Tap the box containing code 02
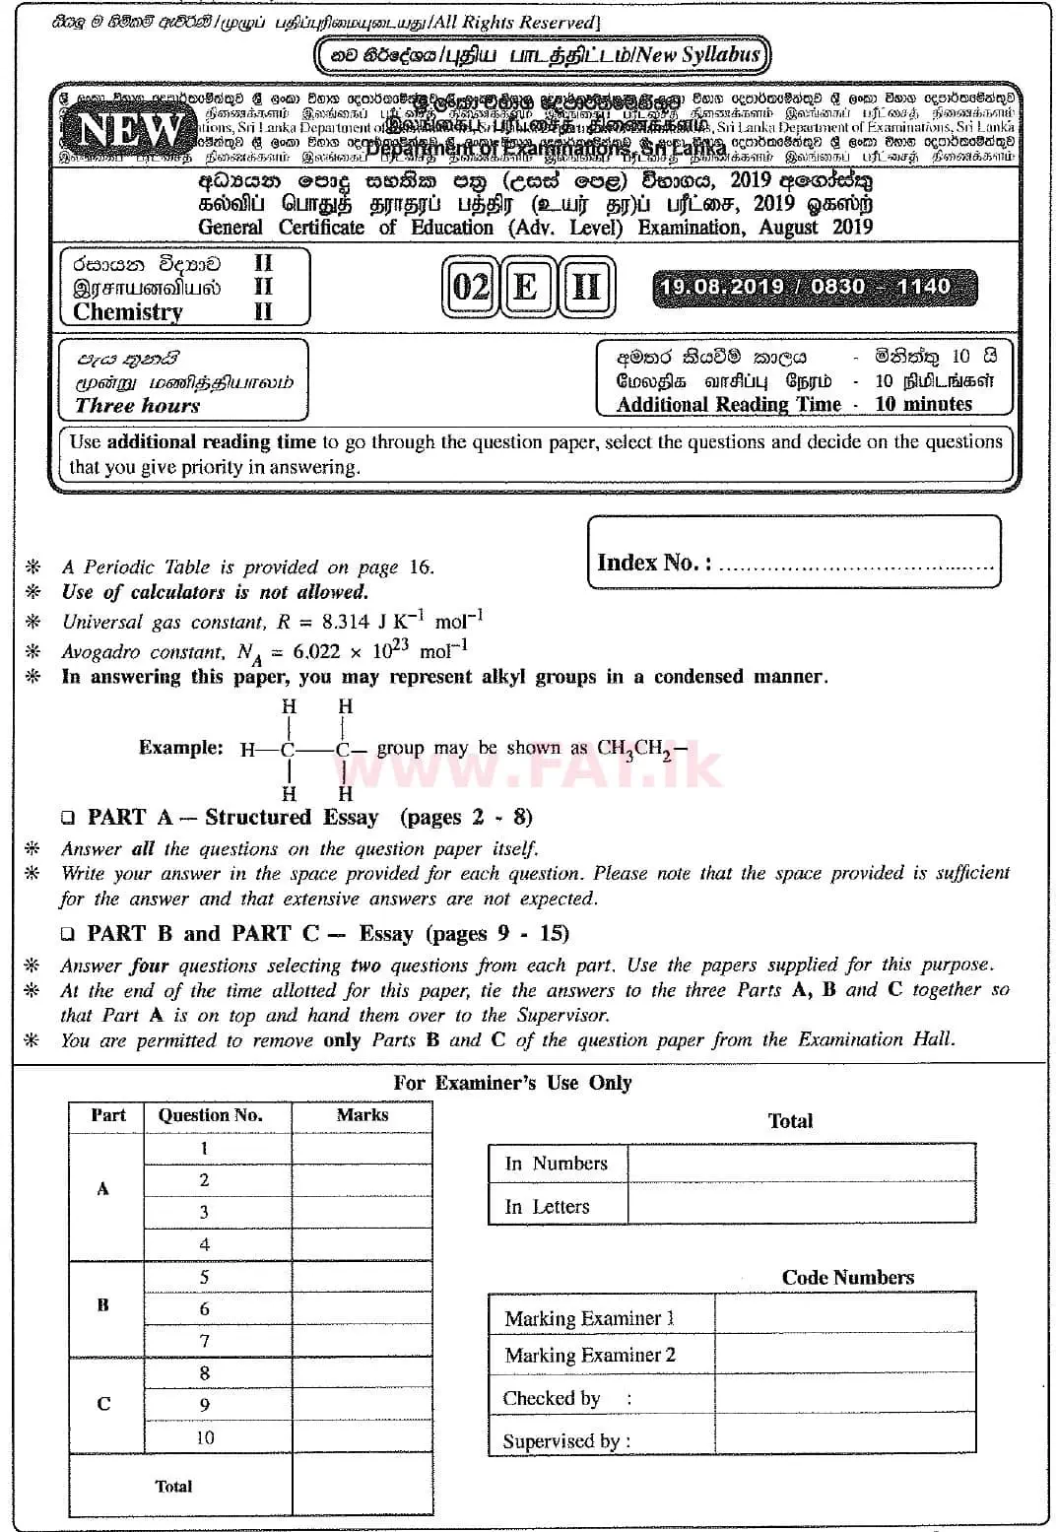click(x=470, y=288)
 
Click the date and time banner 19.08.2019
click(x=813, y=287)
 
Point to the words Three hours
click(x=137, y=406)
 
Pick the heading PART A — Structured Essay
click(x=232, y=818)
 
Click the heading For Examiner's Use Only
click(x=512, y=1083)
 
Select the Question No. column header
click(x=210, y=1115)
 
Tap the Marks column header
click(x=362, y=1115)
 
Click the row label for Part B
click(x=103, y=1305)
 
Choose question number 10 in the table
click(x=204, y=1437)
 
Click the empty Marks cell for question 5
click(x=362, y=1278)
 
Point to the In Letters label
click(x=547, y=1207)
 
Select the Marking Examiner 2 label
click(x=590, y=1356)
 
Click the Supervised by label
click(x=566, y=1441)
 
